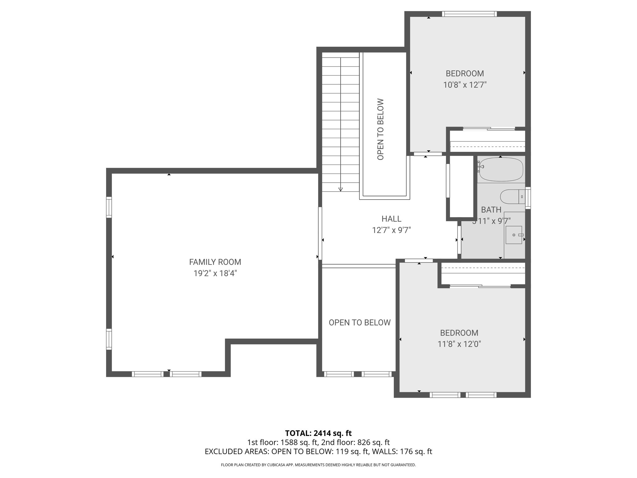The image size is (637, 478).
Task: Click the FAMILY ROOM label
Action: pos(215,262)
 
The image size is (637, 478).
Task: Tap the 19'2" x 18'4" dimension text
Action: pos(215,274)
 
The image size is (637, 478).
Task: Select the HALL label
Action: pos(391,219)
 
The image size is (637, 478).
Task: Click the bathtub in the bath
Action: pos(501,170)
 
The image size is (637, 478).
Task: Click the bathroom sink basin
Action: pos(514,235)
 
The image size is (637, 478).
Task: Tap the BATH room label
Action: pos(491,210)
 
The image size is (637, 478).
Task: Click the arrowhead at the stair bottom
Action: pos(341,189)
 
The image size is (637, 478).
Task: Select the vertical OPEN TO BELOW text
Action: pos(380,129)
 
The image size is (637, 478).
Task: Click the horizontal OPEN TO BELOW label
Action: pos(360,323)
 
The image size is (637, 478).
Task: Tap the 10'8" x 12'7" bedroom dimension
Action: pos(465,85)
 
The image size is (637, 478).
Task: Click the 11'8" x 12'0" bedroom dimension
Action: pos(459,344)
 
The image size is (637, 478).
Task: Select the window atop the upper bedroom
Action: pos(469,14)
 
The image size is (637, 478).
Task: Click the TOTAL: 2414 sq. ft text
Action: pos(318,433)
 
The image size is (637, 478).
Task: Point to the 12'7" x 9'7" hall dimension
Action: pos(391,230)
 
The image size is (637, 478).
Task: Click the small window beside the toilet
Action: pos(528,198)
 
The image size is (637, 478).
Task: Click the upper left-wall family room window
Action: pos(109,207)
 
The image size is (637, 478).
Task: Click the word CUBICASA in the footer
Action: pos(275,465)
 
